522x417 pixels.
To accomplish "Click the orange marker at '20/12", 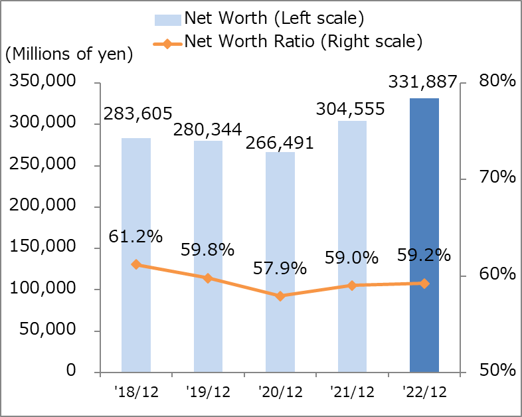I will [280, 296].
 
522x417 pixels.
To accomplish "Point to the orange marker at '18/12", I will [136, 264].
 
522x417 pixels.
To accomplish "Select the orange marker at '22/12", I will [424, 284].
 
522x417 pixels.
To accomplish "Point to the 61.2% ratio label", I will [136, 236].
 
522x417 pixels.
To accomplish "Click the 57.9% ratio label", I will [280, 268].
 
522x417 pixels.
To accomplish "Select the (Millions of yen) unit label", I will [69, 54].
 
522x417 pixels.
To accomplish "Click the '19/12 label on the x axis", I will [208, 391].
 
